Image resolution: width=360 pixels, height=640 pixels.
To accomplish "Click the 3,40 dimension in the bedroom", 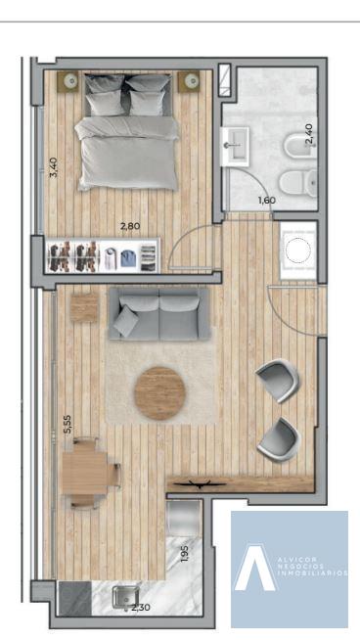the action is coord(54,167).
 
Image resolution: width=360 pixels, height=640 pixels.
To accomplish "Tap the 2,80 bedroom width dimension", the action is coord(130,225).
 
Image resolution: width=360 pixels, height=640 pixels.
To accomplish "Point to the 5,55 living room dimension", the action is coord(67,424).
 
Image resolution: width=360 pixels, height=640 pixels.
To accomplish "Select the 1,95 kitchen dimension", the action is coord(185,554).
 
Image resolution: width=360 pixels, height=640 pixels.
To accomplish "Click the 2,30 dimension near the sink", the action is coord(141,608).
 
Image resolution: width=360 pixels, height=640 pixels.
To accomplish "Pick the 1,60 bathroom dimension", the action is coord(266,200).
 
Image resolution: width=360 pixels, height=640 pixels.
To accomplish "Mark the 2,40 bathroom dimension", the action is coord(309,133).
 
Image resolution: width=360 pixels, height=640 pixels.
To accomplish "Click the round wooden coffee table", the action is coord(160,393).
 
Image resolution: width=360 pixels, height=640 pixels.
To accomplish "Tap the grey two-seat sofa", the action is coord(159,313).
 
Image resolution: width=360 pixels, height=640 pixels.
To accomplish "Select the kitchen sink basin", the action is coord(125,597).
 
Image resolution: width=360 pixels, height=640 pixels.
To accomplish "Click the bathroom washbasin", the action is coord(235,146).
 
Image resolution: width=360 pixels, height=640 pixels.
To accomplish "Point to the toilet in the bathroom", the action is coord(299,183).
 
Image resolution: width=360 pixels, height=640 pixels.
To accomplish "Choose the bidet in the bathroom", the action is coord(300,146).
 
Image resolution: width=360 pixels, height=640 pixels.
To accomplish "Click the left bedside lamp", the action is coord(71,81).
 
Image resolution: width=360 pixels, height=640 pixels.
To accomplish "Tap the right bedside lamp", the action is coord(191,81).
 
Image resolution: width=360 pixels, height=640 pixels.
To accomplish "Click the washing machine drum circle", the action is coord(297,251).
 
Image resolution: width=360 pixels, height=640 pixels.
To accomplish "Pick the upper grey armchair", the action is coord(278,380).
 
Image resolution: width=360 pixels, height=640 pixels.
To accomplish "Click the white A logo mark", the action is coord(255,568).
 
